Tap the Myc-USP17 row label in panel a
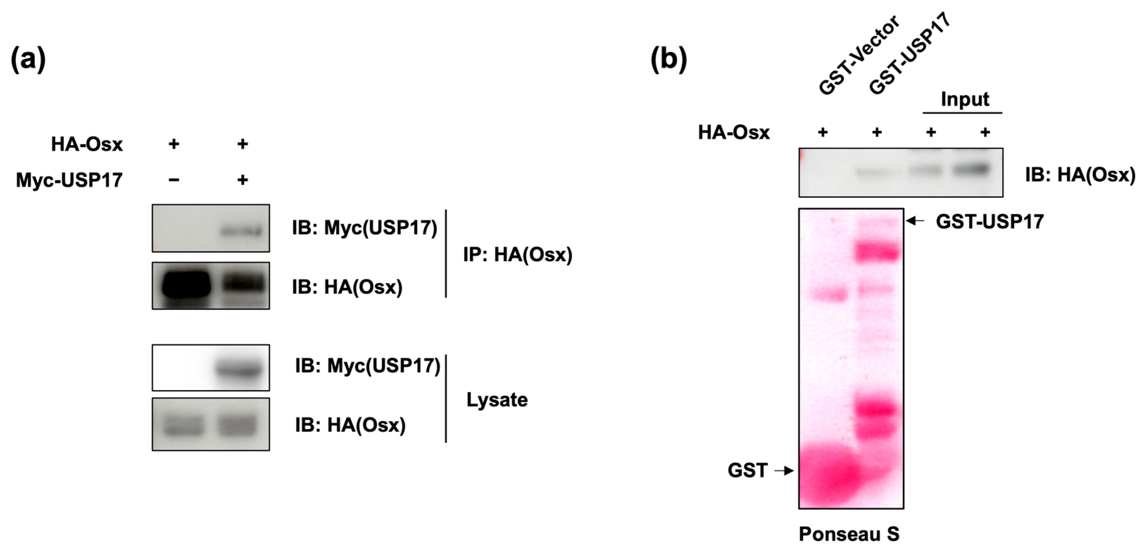(69, 180)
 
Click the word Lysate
(497, 400)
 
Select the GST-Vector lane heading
(859, 56)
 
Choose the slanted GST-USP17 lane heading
(910, 53)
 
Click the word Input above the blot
(965, 99)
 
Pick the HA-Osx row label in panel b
(734, 133)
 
